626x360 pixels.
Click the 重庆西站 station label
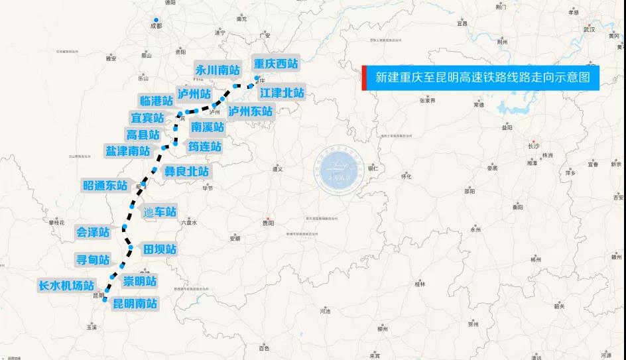276,64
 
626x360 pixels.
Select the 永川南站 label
218,69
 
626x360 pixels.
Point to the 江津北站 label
282,93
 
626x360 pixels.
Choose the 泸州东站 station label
251,111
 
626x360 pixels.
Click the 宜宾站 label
147,117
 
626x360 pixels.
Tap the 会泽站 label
93,232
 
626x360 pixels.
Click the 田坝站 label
160,249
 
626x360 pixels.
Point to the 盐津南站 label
128,150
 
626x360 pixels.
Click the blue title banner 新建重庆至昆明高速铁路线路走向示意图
482,78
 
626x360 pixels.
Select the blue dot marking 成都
155,20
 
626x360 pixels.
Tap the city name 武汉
588,30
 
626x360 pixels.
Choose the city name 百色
264,348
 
